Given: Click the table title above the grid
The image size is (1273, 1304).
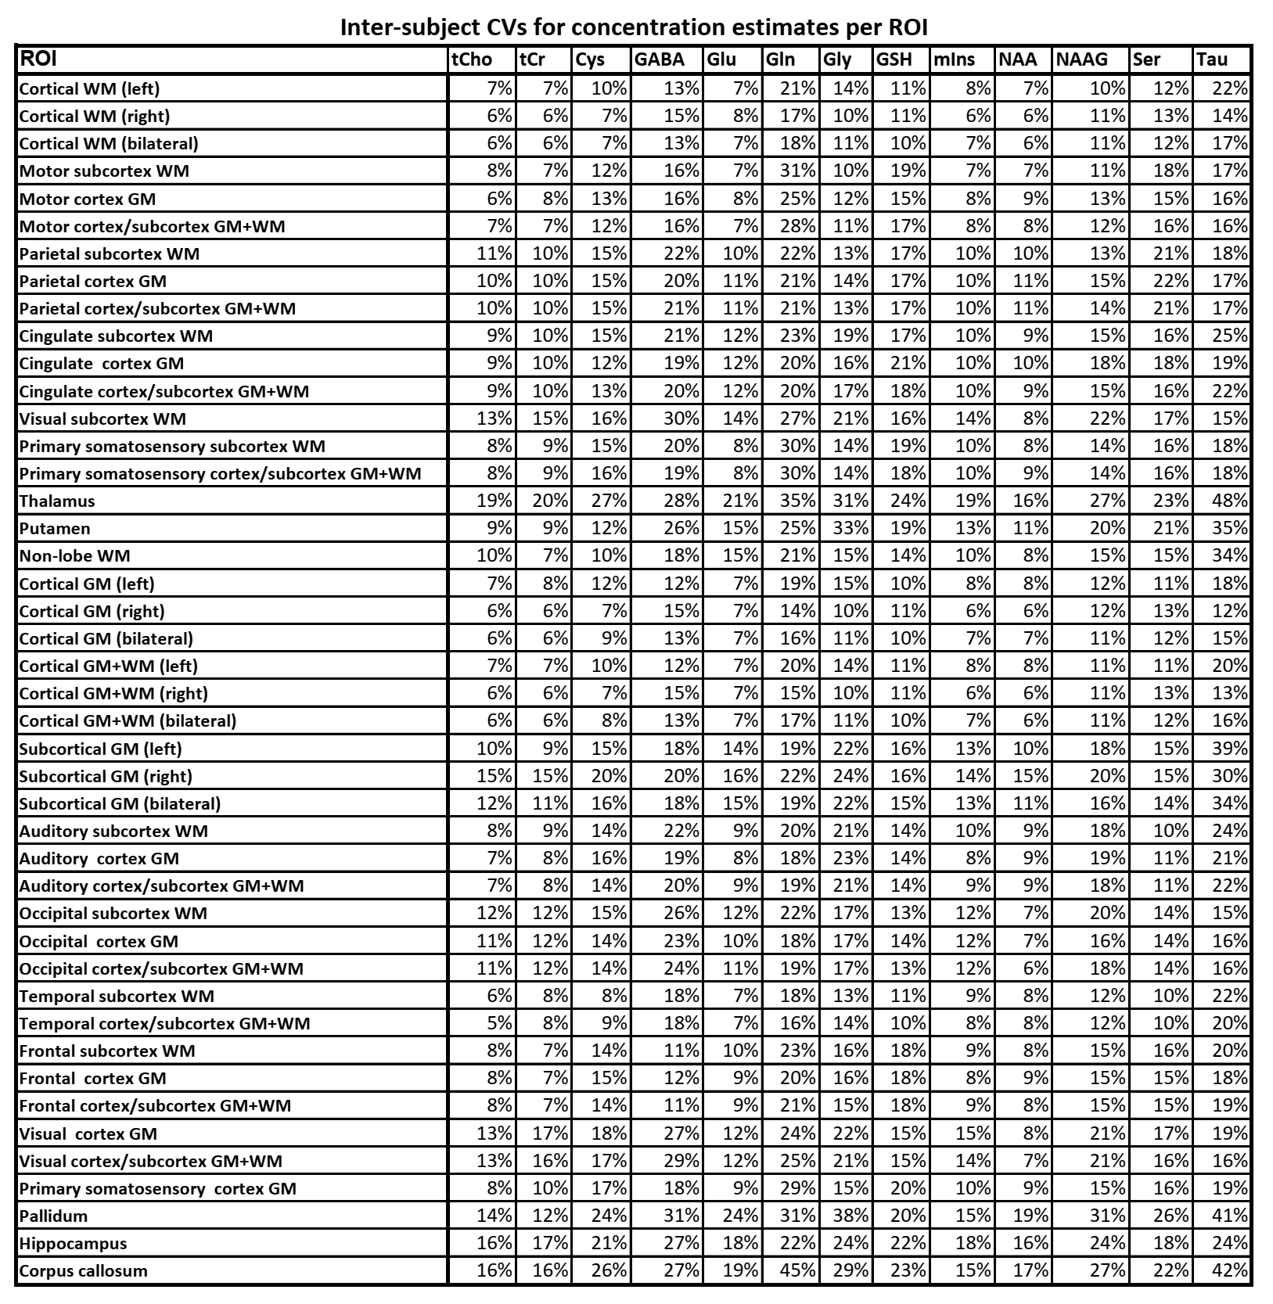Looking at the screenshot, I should point(634,27).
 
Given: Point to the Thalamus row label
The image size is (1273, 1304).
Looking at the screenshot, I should point(57,501).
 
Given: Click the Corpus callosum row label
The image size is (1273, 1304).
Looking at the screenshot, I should point(83,1270).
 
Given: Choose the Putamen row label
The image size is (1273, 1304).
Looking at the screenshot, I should point(55,529).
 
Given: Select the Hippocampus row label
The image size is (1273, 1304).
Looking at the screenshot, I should point(73,1243).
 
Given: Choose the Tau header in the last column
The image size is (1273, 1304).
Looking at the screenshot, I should point(1212,60).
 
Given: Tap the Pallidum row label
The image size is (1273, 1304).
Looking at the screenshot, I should point(53,1216).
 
